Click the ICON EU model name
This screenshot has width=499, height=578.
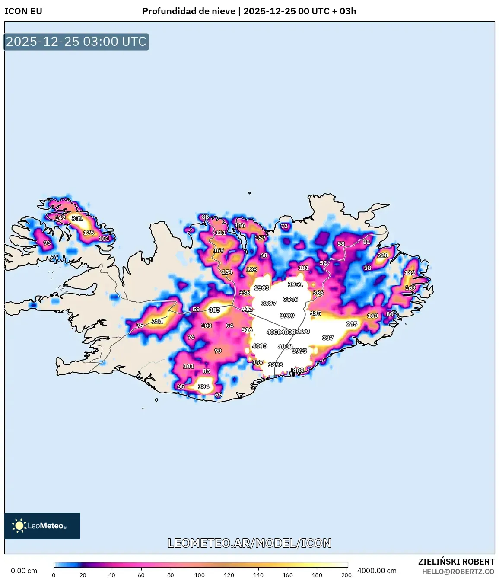tap(23, 11)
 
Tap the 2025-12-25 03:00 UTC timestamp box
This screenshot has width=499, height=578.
tap(76, 42)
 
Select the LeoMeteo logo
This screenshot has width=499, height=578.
tap(42, 526)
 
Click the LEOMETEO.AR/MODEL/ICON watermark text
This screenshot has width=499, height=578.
tap(249, 543)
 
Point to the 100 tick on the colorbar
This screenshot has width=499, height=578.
tap(200, 575)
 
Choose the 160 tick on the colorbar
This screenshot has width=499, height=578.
tap(288, 575)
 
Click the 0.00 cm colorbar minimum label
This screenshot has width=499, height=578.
tap(24, 571)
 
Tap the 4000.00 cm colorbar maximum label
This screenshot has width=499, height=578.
tap(377, 571)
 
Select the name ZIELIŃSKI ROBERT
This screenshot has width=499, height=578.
tap(456, 562)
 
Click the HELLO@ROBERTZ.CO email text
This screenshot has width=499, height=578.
tap(458, 572)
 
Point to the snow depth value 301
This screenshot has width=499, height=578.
tap(77, 218)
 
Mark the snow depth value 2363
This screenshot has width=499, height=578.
tap(262, 287)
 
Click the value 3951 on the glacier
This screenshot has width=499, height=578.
tap(296, 284)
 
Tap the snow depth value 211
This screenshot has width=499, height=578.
tap(158, 321)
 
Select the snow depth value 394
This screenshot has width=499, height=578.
tap(203, 386)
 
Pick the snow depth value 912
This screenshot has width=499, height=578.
tap(247, 309)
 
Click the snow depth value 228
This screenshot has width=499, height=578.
tap(383, 255)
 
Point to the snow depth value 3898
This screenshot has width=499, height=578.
tap(275, 364)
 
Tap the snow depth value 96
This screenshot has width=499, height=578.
tap(47, 243)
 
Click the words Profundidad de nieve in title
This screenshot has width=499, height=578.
tap(189, 11)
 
